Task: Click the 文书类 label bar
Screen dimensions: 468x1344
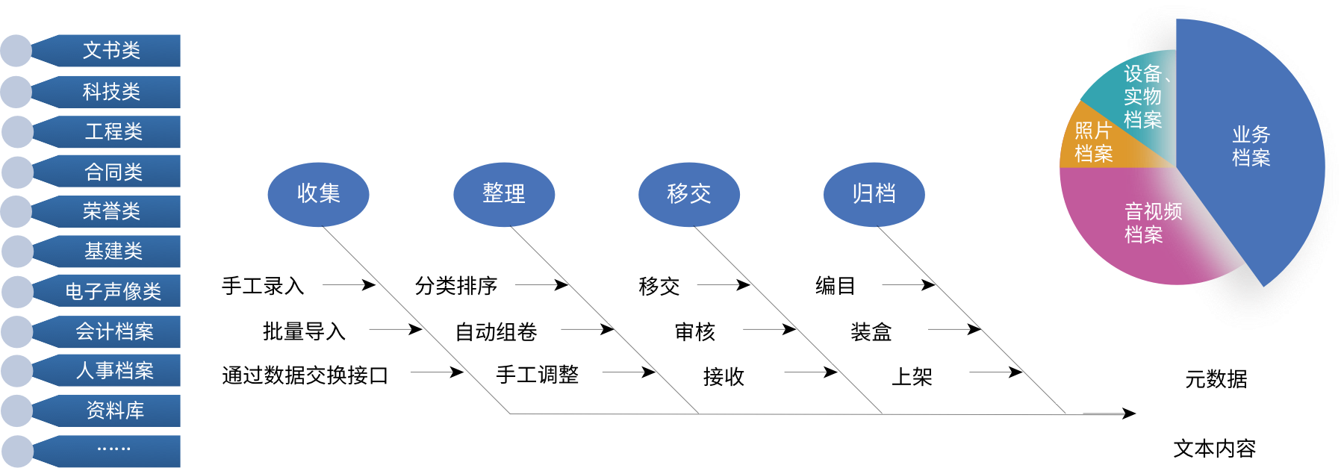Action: coord(112,51)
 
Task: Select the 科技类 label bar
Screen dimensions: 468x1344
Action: coord(112,92)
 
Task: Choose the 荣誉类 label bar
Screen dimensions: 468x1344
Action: coord(112,212)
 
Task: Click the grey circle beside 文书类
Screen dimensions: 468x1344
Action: coord(16,51)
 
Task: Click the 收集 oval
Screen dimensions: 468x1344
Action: coord(318,194)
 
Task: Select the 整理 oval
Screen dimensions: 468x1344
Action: coord(504,194)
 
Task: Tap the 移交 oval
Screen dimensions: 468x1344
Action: coord(689,194)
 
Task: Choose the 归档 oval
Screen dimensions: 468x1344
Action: coord(874,194)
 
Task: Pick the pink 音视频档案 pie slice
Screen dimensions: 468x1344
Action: coord(1142,224)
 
